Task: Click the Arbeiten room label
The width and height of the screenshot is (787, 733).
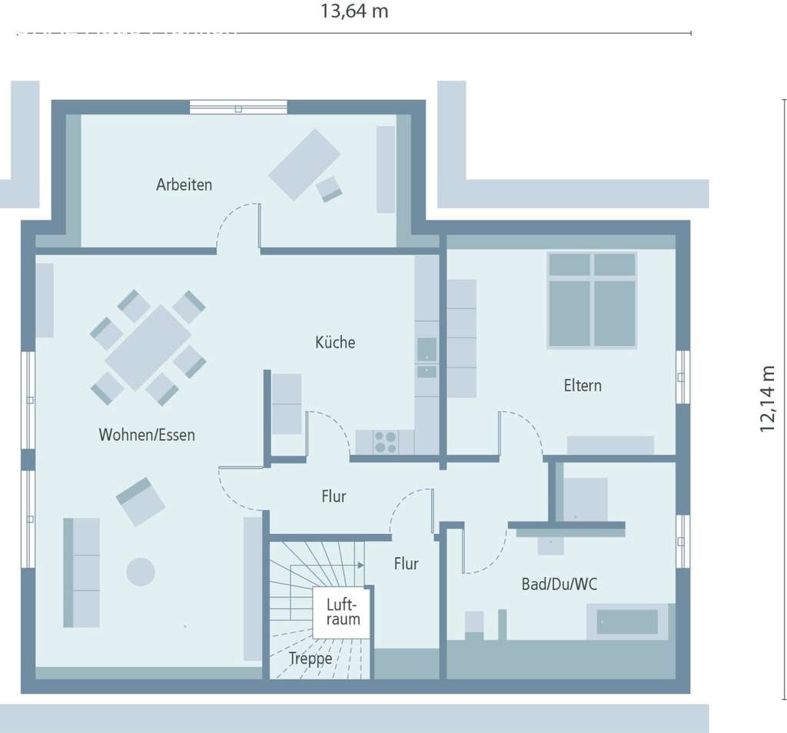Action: (x=184, y=185)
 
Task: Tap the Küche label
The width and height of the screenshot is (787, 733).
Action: (x=335, y=343)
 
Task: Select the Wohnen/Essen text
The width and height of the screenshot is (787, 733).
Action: (x=147, y=435)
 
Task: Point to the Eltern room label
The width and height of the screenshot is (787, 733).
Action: (x=583, y=386)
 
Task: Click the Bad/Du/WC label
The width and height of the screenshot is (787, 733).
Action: (x=560, y=585)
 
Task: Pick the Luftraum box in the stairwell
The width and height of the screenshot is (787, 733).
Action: (x=342, y=612)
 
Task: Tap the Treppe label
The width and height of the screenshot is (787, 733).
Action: (x=310, y=658)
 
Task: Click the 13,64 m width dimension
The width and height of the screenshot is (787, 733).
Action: (x=354, y=12)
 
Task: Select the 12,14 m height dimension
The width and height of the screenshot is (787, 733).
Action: (x=768, y=398)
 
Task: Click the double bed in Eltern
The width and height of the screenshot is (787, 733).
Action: (x=592, y=300)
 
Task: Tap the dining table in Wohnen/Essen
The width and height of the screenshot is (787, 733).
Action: (x=148, y=347)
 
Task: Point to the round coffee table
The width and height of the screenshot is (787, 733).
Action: (x=141, y=572)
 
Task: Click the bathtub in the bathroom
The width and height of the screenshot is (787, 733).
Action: (x=628, y=622)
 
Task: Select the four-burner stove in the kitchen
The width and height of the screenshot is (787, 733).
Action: (x=385, y=442)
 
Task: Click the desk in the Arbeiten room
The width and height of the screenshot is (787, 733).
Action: (x=304, y=164)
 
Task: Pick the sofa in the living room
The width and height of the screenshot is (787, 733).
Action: (x=81, y=572)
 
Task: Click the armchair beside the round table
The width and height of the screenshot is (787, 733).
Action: (x=140, y=501)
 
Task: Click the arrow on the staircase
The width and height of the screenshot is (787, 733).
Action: (x=360, y=566)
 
